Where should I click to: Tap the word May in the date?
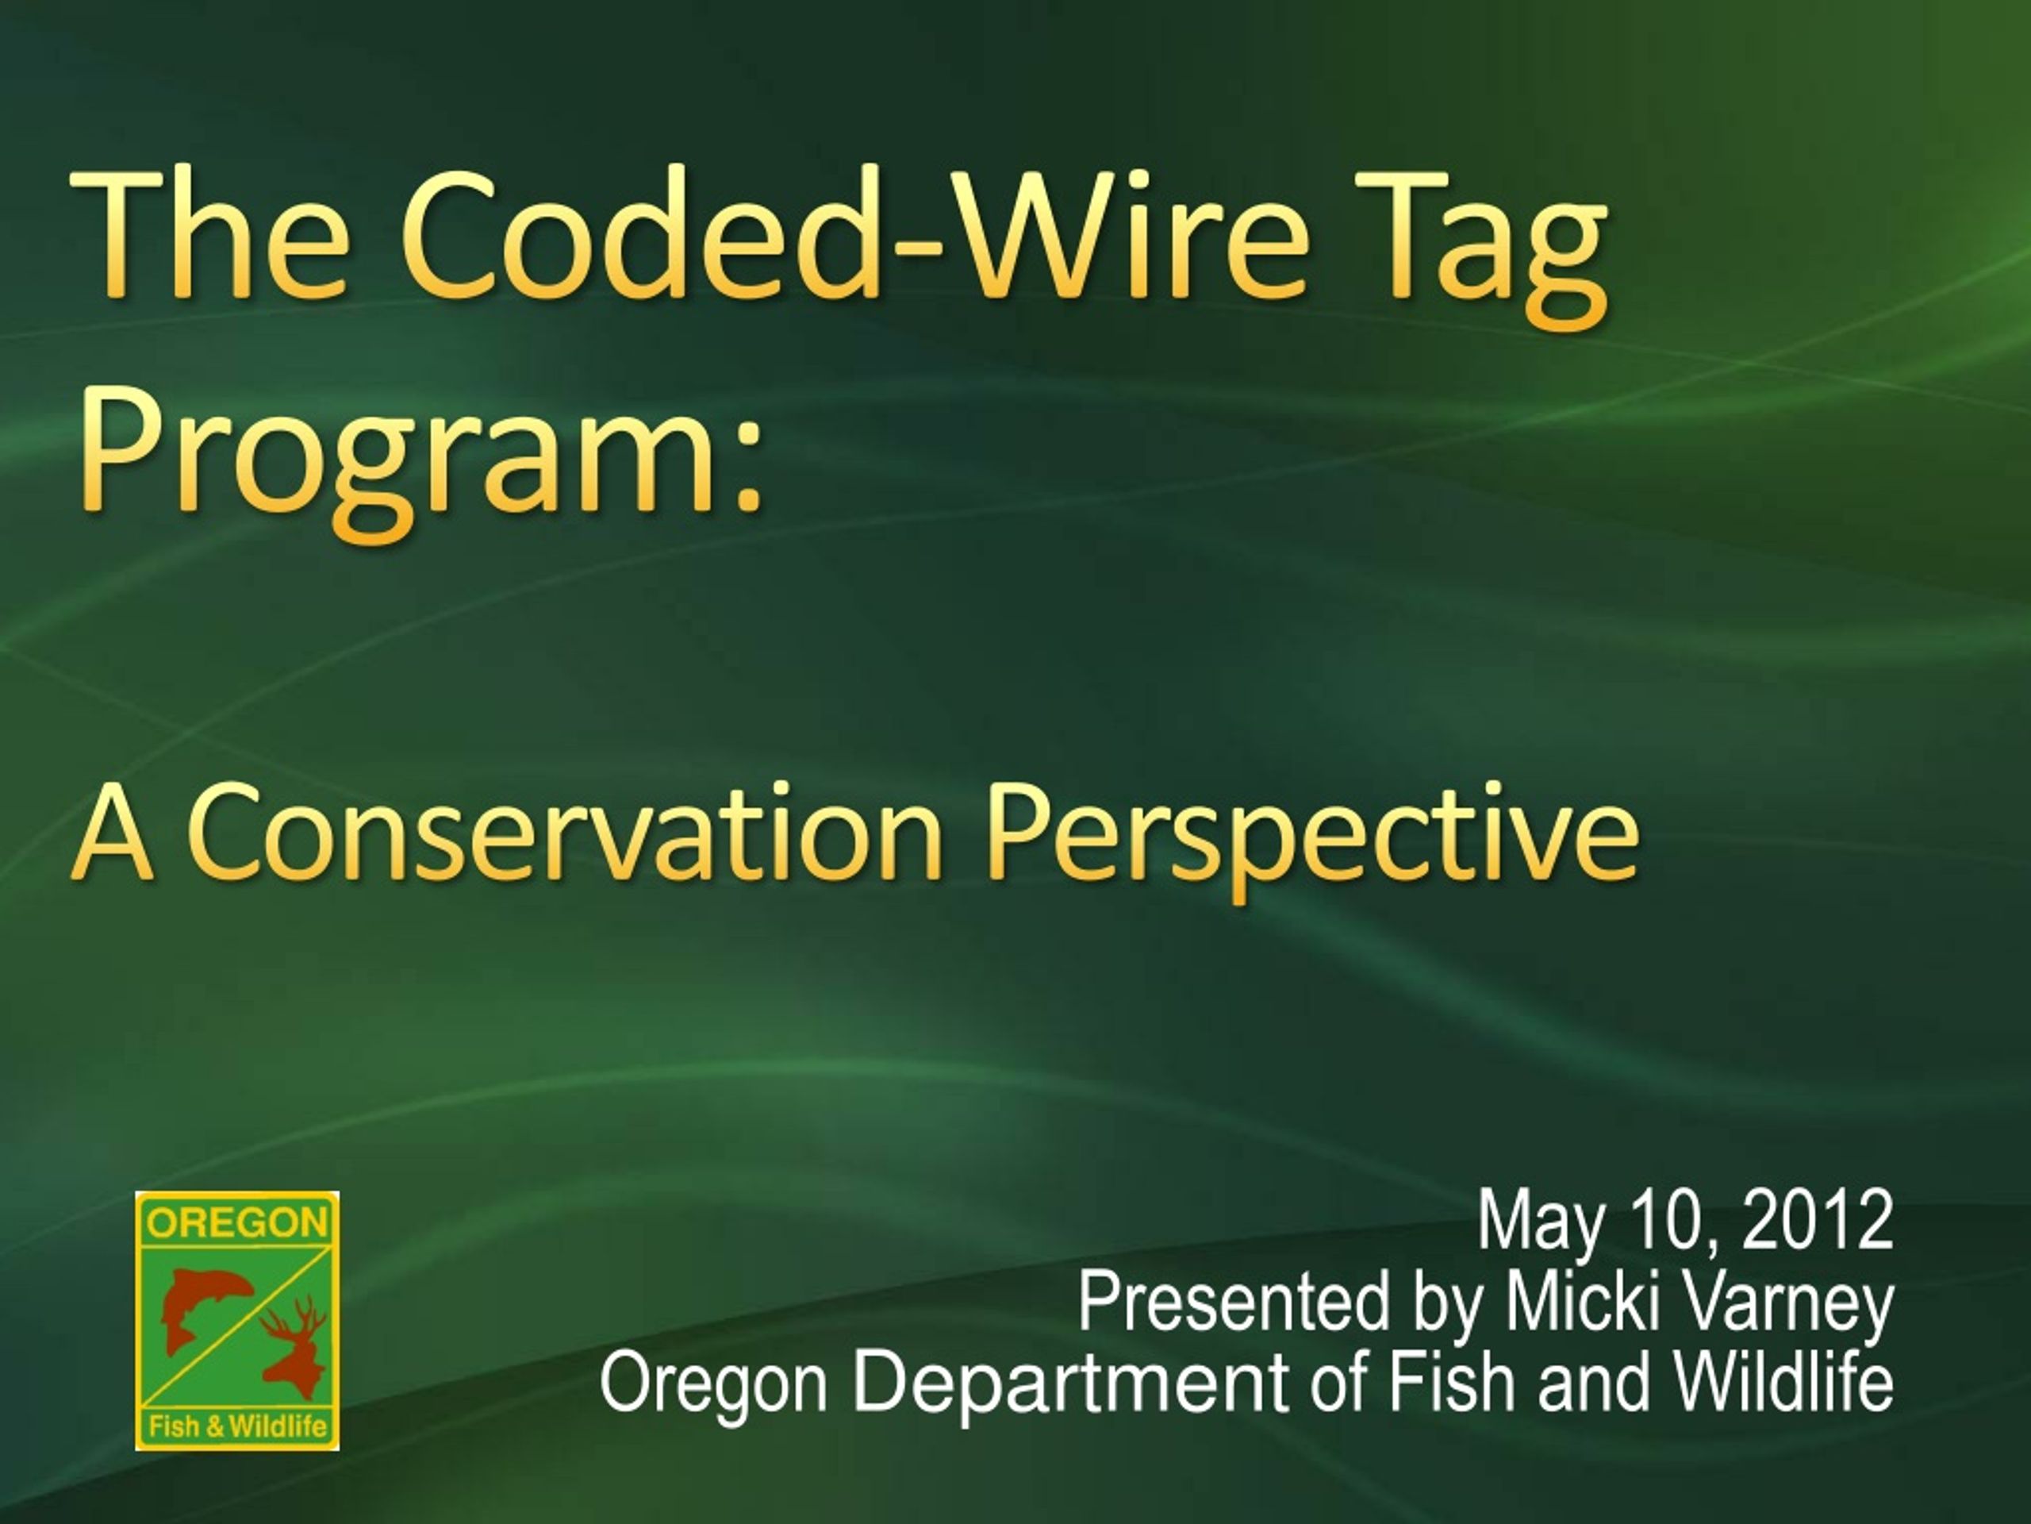pos(1541,1226)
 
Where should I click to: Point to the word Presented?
pos(1234,1302)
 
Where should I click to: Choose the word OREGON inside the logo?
pos(237,1222)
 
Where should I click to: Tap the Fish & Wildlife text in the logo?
pos(238,1426)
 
